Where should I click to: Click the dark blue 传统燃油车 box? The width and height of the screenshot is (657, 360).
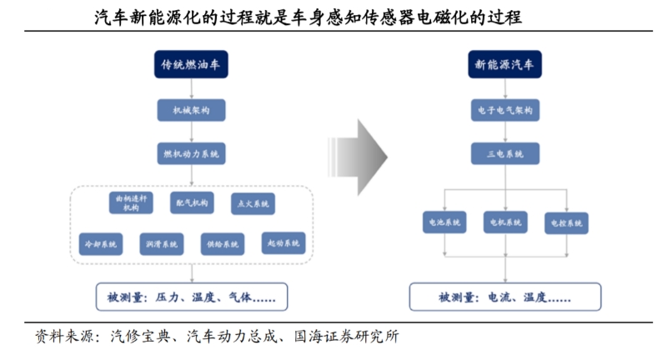[x=191, y=65]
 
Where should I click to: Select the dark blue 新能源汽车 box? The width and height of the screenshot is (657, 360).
[x=504, y=65]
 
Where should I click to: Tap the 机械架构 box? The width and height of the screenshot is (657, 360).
[x=192, y=110]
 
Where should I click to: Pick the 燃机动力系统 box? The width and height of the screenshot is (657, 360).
[x=192, y=154]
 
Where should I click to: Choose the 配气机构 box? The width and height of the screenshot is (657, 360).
[x=192, y=202]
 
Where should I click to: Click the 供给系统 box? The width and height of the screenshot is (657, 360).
[x=223, y=243]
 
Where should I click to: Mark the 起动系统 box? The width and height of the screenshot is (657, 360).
[x=283, y=243]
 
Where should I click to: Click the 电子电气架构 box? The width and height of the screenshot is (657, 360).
[x=504, y=110]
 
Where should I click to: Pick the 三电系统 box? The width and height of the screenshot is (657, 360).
[x=504, y=154]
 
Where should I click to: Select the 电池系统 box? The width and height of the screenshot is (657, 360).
[x=444, y=222]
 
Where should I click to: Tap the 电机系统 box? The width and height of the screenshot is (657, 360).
[x=505, y=222]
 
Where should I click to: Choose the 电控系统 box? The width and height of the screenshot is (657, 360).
[x=567, y=223]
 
